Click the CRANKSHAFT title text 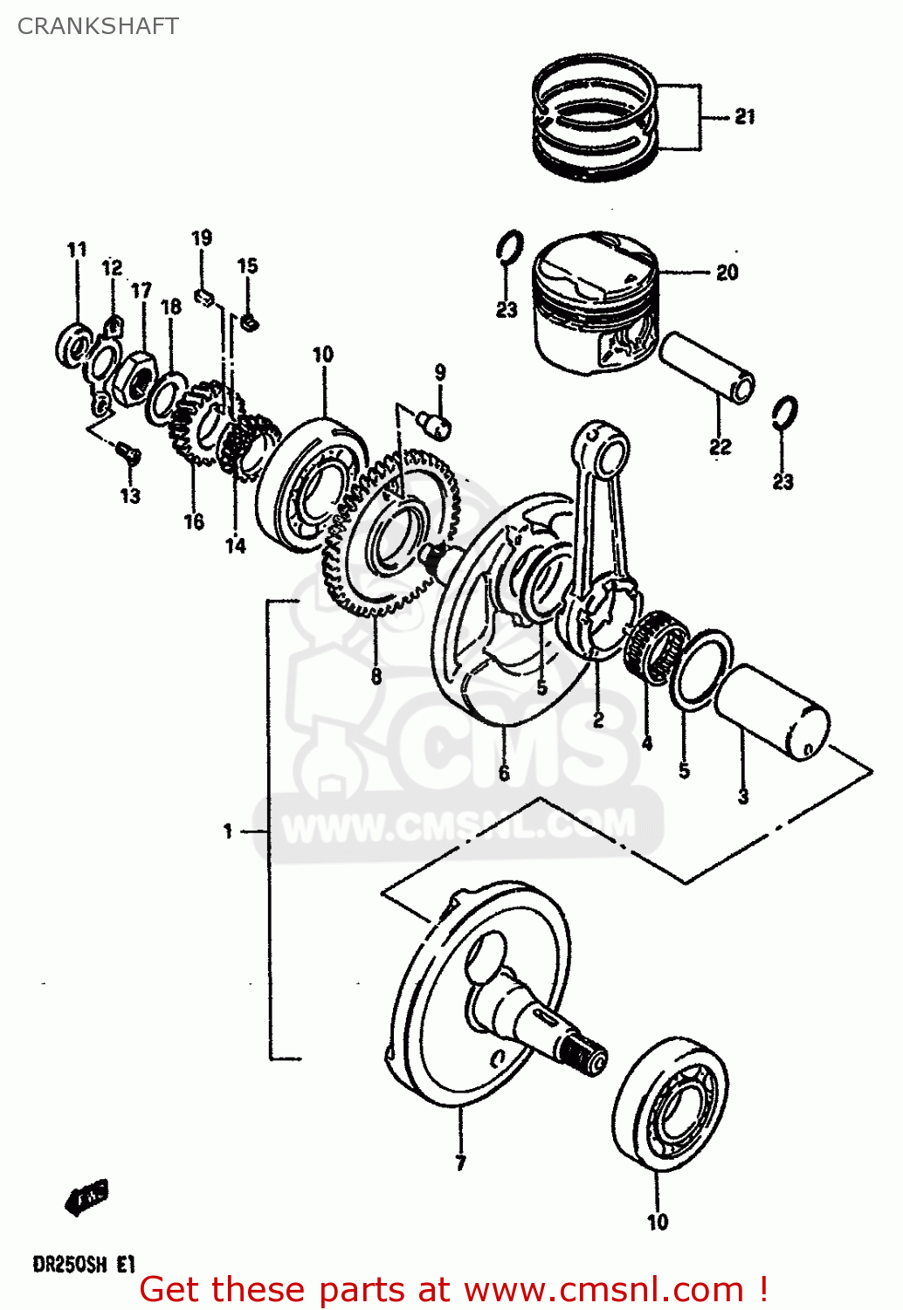[98, 26]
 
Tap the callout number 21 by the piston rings [744, 116]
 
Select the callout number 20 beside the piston [727, 272]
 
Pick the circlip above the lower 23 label [785, 412]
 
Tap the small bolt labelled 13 [128, 452]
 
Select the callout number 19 [202, 238]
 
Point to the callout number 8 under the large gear [376, 676]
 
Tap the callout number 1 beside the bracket [228, 831]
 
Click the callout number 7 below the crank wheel [460, 1162]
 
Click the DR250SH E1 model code [84, 1264]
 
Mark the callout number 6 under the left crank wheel [504, 773]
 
